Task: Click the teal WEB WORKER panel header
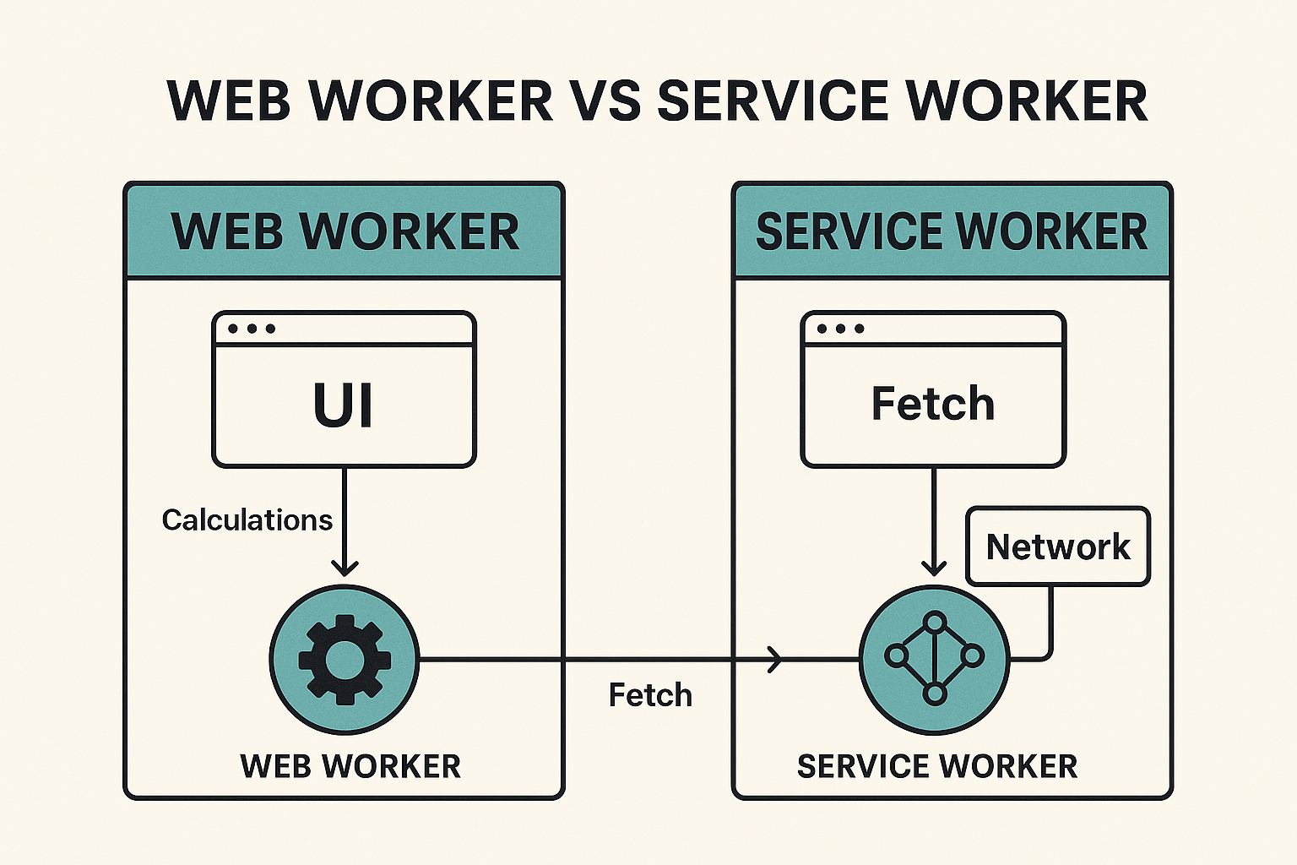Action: coord(345,231)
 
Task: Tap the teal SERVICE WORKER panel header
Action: coord(952,231)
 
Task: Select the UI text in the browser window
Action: coord(343,405)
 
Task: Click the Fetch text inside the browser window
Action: coord(933,404)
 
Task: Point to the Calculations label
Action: coord(247,520)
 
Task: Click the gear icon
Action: coord(345,660)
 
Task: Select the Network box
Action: coord(1058,547)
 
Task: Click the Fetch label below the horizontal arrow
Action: coord(650,695)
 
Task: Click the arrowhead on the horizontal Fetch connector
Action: coord(774,659)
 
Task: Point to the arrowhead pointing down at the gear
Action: coord(345,566)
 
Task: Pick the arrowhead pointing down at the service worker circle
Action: coord(934,566)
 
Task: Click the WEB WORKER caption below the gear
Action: coord(350,766)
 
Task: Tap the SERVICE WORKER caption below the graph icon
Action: coord(937,766)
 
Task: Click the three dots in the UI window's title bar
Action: coord(252,329)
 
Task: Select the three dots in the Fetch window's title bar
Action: coord(840,329)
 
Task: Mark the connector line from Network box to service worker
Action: coord(1050,625)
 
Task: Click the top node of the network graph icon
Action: coord(934,623)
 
